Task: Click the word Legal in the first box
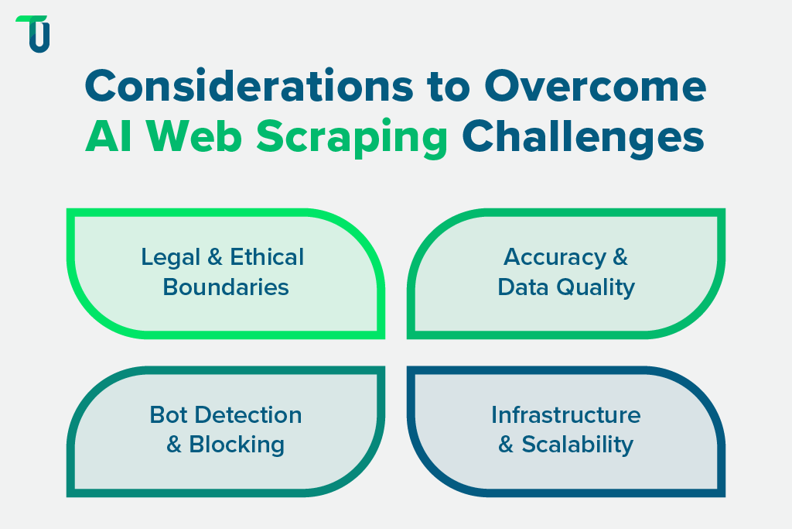(x=167, y=257)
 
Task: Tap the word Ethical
(x=265, y=257)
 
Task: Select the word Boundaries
(x=226, y=287)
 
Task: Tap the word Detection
(x=248, y=415)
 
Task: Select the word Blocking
(x=237, y=445)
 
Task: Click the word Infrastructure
(x=566, y=415)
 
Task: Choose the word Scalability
(x=577, y=445)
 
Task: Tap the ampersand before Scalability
(x=507, y=445)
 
